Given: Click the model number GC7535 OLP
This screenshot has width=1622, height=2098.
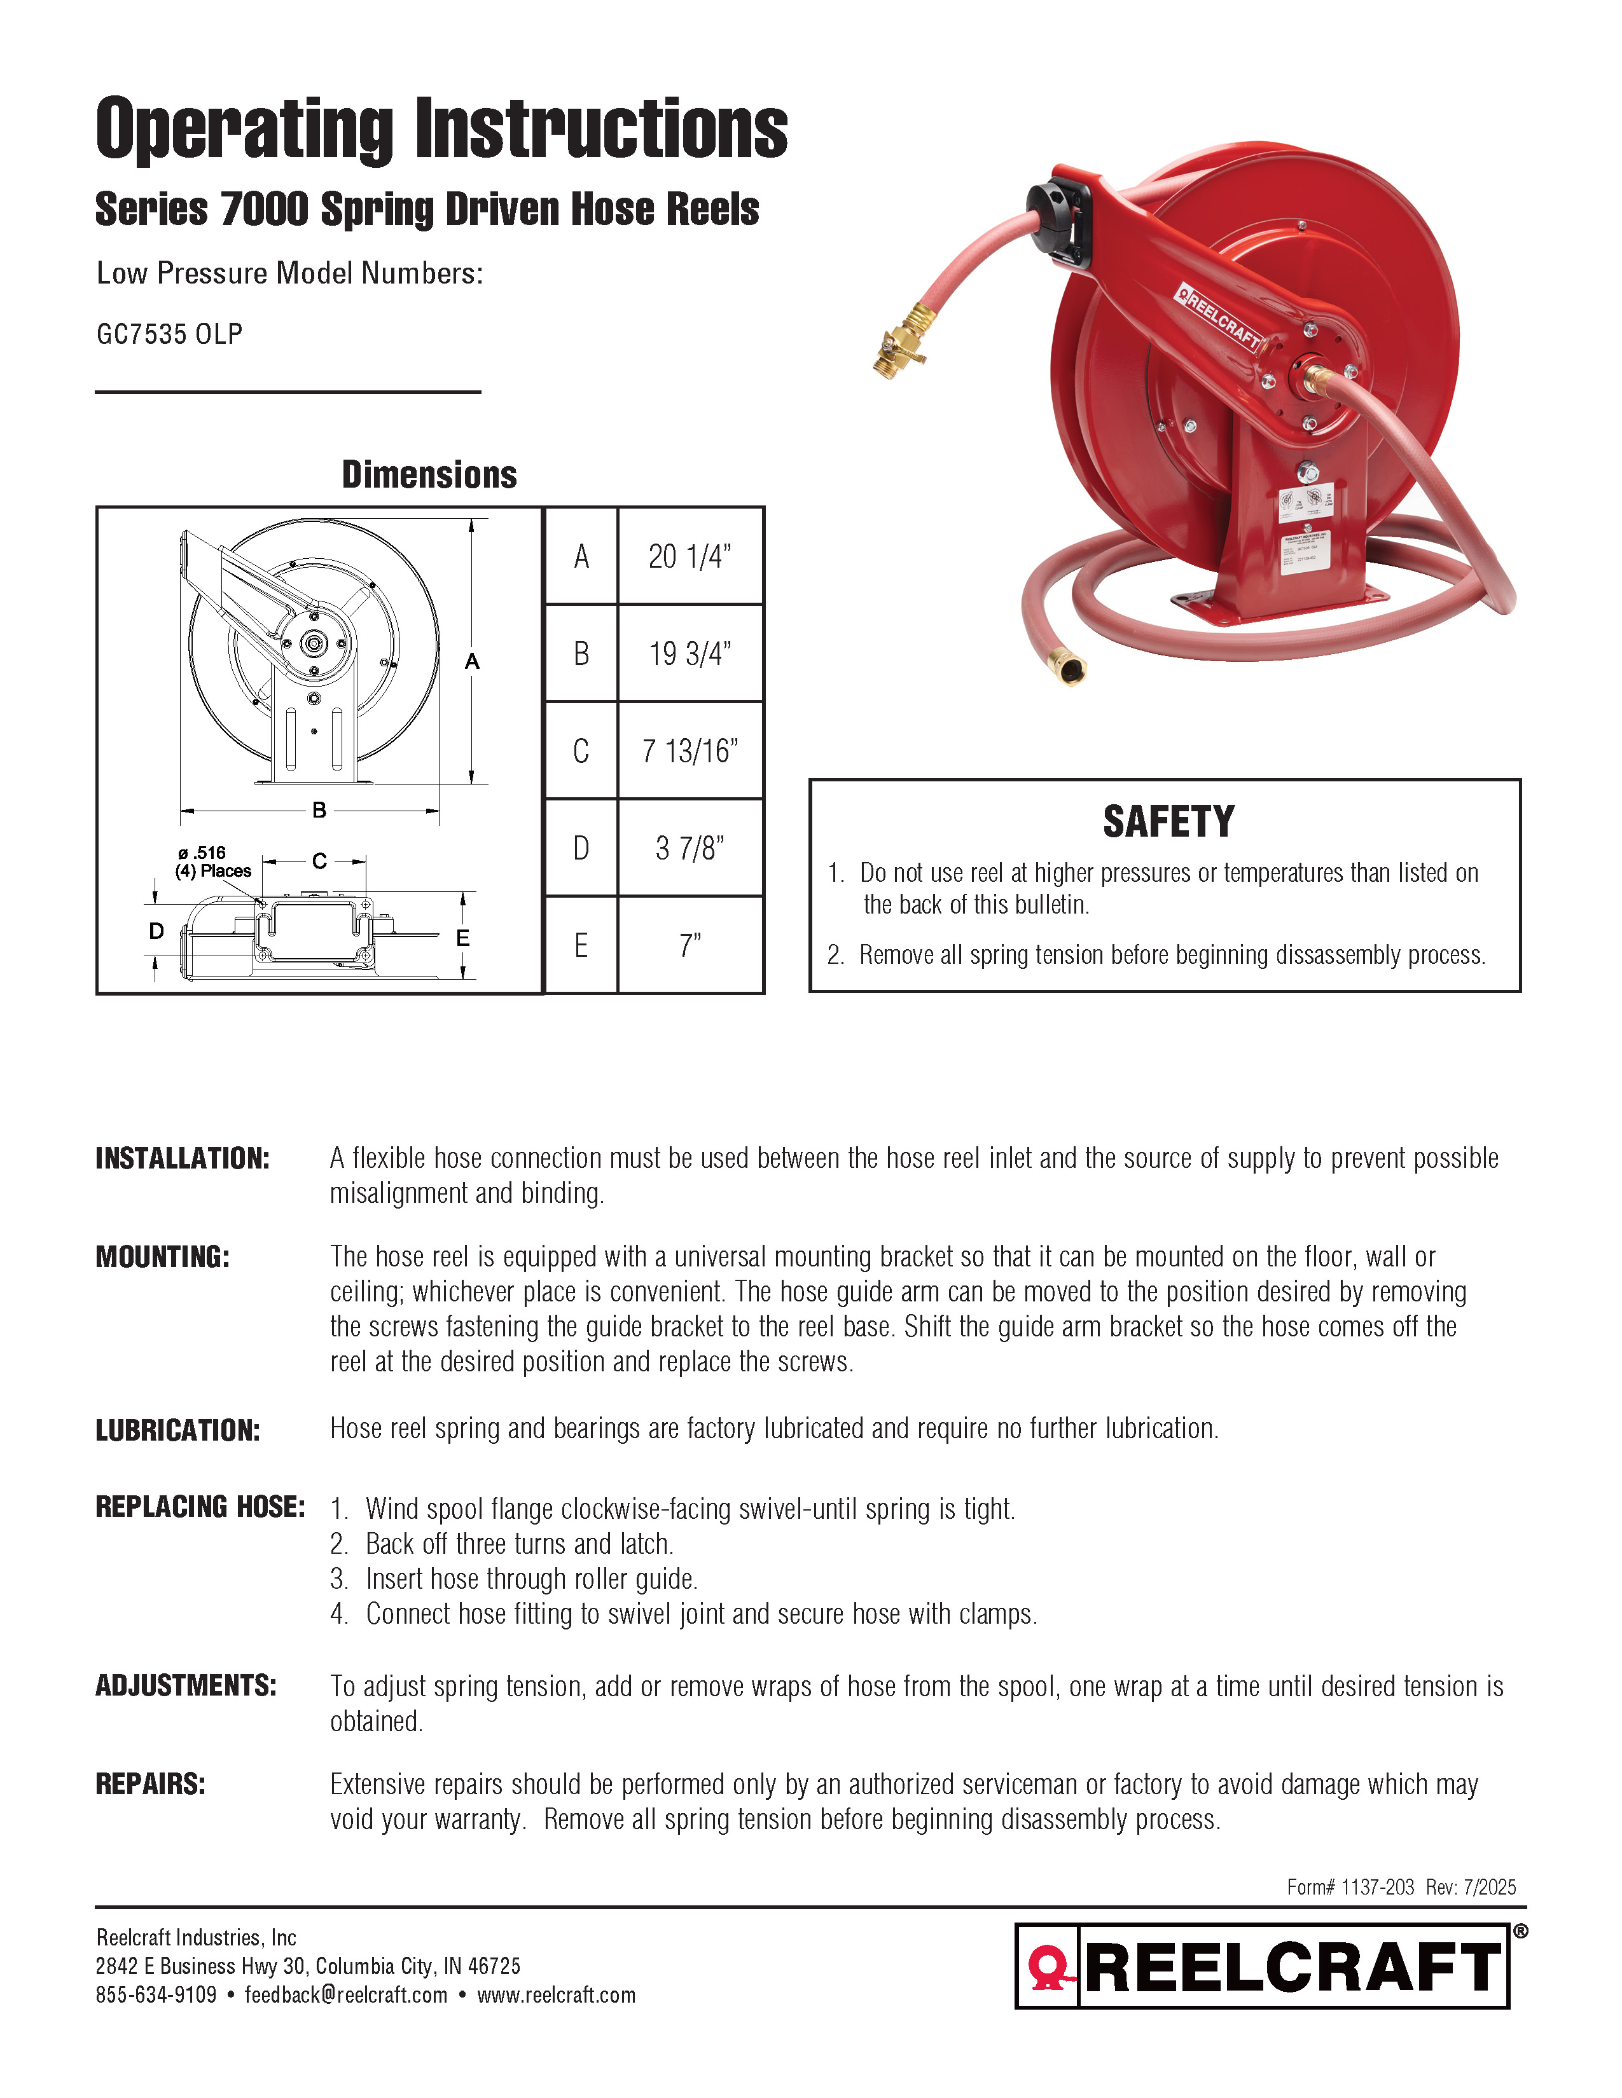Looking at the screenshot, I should point(169,334).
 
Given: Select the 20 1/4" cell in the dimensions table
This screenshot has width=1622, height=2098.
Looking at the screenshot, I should point(690,556).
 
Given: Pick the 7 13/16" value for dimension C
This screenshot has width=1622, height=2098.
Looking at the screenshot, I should point(690,750).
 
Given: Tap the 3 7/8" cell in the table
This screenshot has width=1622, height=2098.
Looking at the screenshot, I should point(690,848).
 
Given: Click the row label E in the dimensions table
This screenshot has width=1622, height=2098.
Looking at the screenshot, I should point(580,946).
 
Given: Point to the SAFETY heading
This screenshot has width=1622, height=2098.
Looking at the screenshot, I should point(1167,822).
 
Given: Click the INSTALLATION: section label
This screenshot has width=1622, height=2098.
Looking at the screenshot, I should point(183,1158).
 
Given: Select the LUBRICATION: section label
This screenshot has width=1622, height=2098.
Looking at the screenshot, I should point(177,1430).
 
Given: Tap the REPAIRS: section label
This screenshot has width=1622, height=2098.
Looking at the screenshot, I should point(151,1784).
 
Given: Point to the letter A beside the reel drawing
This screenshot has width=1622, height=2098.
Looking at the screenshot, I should point(472,662).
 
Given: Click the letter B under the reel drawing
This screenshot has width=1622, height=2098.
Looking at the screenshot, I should point(319,811).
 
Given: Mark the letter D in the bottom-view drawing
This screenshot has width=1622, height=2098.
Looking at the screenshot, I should point(156,930).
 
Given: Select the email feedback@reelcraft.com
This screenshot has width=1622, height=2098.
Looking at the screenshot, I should point(346,1994).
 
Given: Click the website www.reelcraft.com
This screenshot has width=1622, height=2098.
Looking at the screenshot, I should point(557,1994).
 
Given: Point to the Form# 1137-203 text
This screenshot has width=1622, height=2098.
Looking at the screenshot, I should point(1350,1887).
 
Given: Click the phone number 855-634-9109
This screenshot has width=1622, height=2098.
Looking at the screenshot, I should point(156,1994).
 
